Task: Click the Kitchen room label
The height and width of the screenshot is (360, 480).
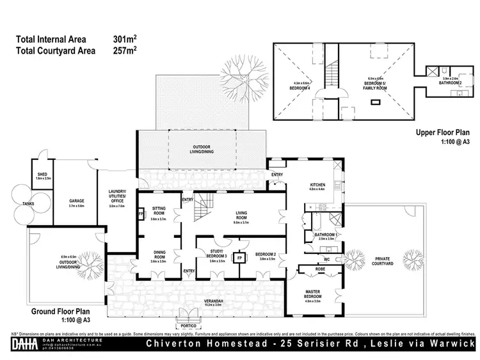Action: (x=317, y=185)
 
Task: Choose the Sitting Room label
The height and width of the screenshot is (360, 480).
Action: (x=157, y=214)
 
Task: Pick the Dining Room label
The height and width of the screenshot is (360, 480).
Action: (x=157, y=256)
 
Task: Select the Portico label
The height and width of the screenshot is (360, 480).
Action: (x=188, y=325)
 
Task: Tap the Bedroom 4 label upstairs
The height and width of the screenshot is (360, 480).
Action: (x=301, y=88)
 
